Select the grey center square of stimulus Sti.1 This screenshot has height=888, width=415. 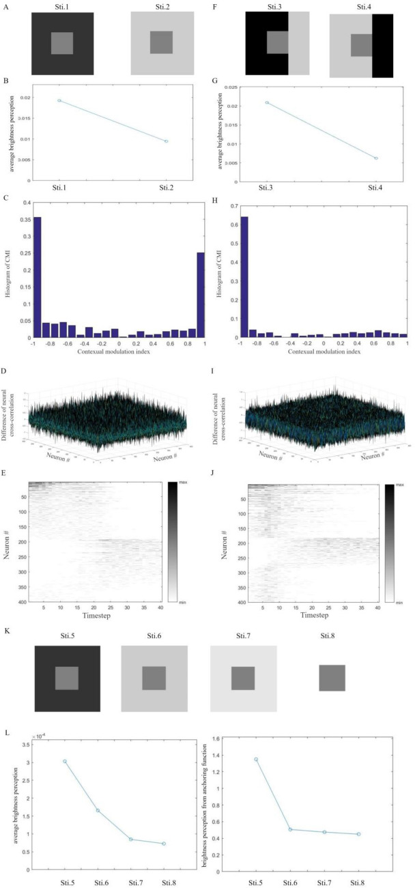62,43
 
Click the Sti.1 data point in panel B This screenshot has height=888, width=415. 59,100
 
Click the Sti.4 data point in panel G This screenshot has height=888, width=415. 376,158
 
